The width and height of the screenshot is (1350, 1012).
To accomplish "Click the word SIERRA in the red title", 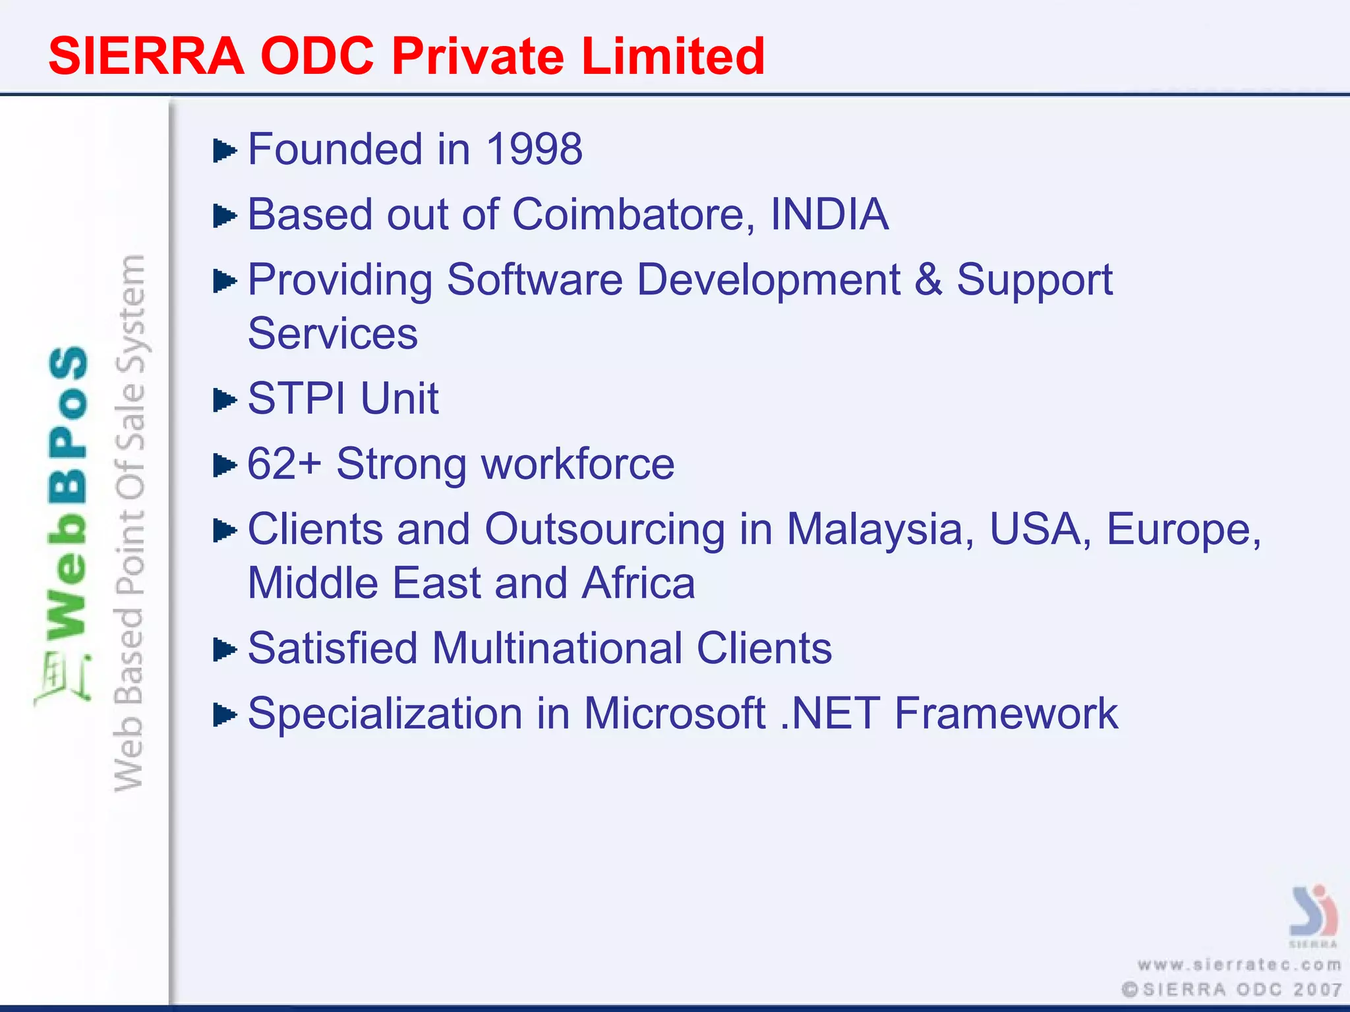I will [x=146, y=57].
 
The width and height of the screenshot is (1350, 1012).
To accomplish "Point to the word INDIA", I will [x=829, y=215].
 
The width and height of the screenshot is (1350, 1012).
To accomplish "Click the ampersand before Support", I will [x=928, y=280].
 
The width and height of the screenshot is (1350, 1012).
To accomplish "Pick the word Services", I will [x=332, y=334].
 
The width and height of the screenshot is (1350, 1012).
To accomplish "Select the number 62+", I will [x=284, y=464].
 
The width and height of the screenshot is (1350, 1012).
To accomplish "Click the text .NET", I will [x=830, y=714].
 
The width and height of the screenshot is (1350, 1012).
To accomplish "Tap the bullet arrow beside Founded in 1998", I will [x=224, y=151].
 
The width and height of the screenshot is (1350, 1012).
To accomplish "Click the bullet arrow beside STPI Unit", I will [x=224, y=400].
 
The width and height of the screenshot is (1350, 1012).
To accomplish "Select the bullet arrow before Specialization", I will [x=224, y=715].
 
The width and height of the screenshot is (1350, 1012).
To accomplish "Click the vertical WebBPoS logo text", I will [x=67, y=494].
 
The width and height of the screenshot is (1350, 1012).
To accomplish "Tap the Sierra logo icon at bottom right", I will [x=1312, y=912].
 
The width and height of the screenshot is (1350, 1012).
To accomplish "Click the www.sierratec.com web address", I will [x=1239, y=965].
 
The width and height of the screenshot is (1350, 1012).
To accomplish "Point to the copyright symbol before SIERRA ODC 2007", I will [x=1130, y=990].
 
